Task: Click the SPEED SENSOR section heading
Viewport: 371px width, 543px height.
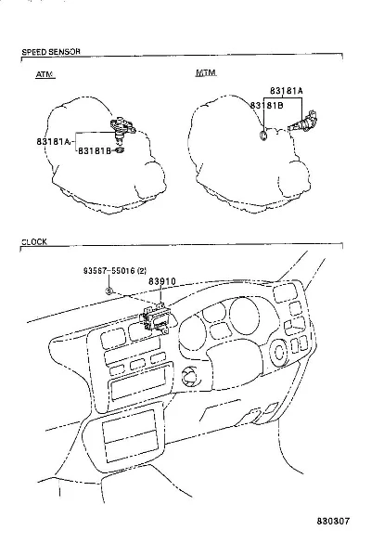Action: pyautogui.click(x=51, y=52)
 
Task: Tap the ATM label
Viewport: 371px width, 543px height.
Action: pyautogui.click(x=45, y=74)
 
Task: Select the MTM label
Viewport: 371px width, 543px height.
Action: pyautogui.click(x=206, y=72)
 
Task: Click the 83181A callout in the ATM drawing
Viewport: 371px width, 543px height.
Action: pyautogui.click(x=53, y=141)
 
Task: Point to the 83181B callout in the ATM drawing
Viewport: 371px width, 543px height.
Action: pyautogui.click(x=95, y=150)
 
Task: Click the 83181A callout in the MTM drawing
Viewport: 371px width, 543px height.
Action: pyautogui.click(x=287, y=91)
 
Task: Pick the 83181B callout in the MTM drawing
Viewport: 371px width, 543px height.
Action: pyautogui.click(x=266, y=105)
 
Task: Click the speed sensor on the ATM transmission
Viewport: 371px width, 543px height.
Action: pyautogui.click(x=122, y=129)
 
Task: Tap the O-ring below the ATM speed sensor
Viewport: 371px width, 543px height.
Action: pyautogui.click(x=120, y=150)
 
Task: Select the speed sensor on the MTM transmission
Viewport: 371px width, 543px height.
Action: pyautogui.click(x=302, y=122)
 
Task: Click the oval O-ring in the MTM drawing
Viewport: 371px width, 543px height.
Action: pyautogui.click(x=263, y=136)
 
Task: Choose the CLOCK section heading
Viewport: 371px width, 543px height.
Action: pyautogui.click(x=34, y=241)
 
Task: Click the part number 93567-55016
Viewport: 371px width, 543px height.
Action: pyautogui.click(x=109, y=270)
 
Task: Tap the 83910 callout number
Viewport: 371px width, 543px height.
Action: pyautogui.click(x=162, y=281)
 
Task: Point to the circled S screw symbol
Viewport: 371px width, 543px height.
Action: pyautogui.click(x=109, y=291)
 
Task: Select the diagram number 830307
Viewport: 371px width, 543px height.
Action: pyautogui.click(x=333, y=521)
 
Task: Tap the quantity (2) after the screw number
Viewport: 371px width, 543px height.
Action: pyautogui.click(x=142, y=270)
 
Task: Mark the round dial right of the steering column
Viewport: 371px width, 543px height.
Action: pyautogui.click(x=278, y=353)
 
